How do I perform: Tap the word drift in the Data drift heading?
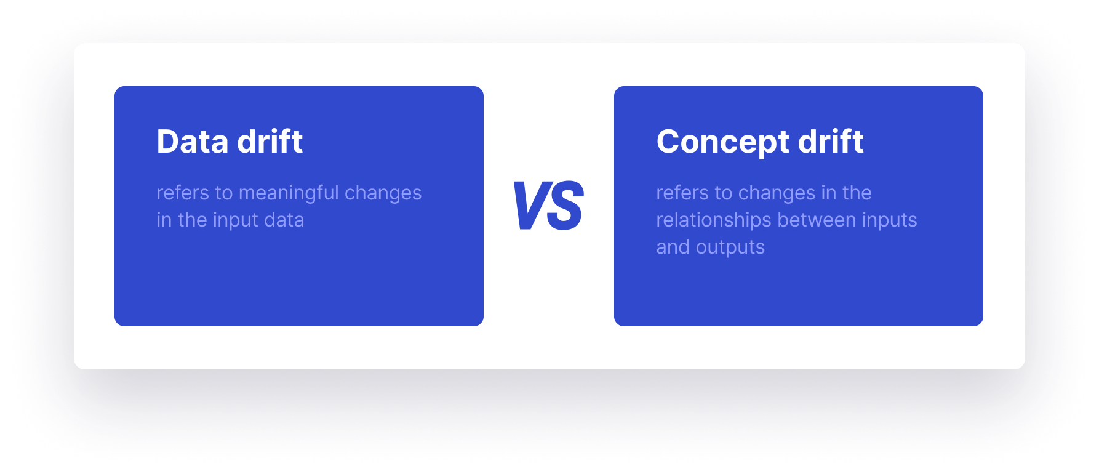(x=270, y=142)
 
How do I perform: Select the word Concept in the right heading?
(x=723, y=142)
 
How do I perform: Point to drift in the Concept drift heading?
(x=831, y=142)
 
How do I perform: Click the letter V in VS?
(x=530, y=206)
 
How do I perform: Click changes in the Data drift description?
(x=383, y=193)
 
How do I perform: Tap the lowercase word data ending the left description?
(x=284, y=220)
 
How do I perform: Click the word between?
(x=817, y=220)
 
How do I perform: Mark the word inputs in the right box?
(x=889, y=220)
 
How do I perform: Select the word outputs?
(x=730, y=247)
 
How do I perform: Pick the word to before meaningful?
(x=224, y=193)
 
